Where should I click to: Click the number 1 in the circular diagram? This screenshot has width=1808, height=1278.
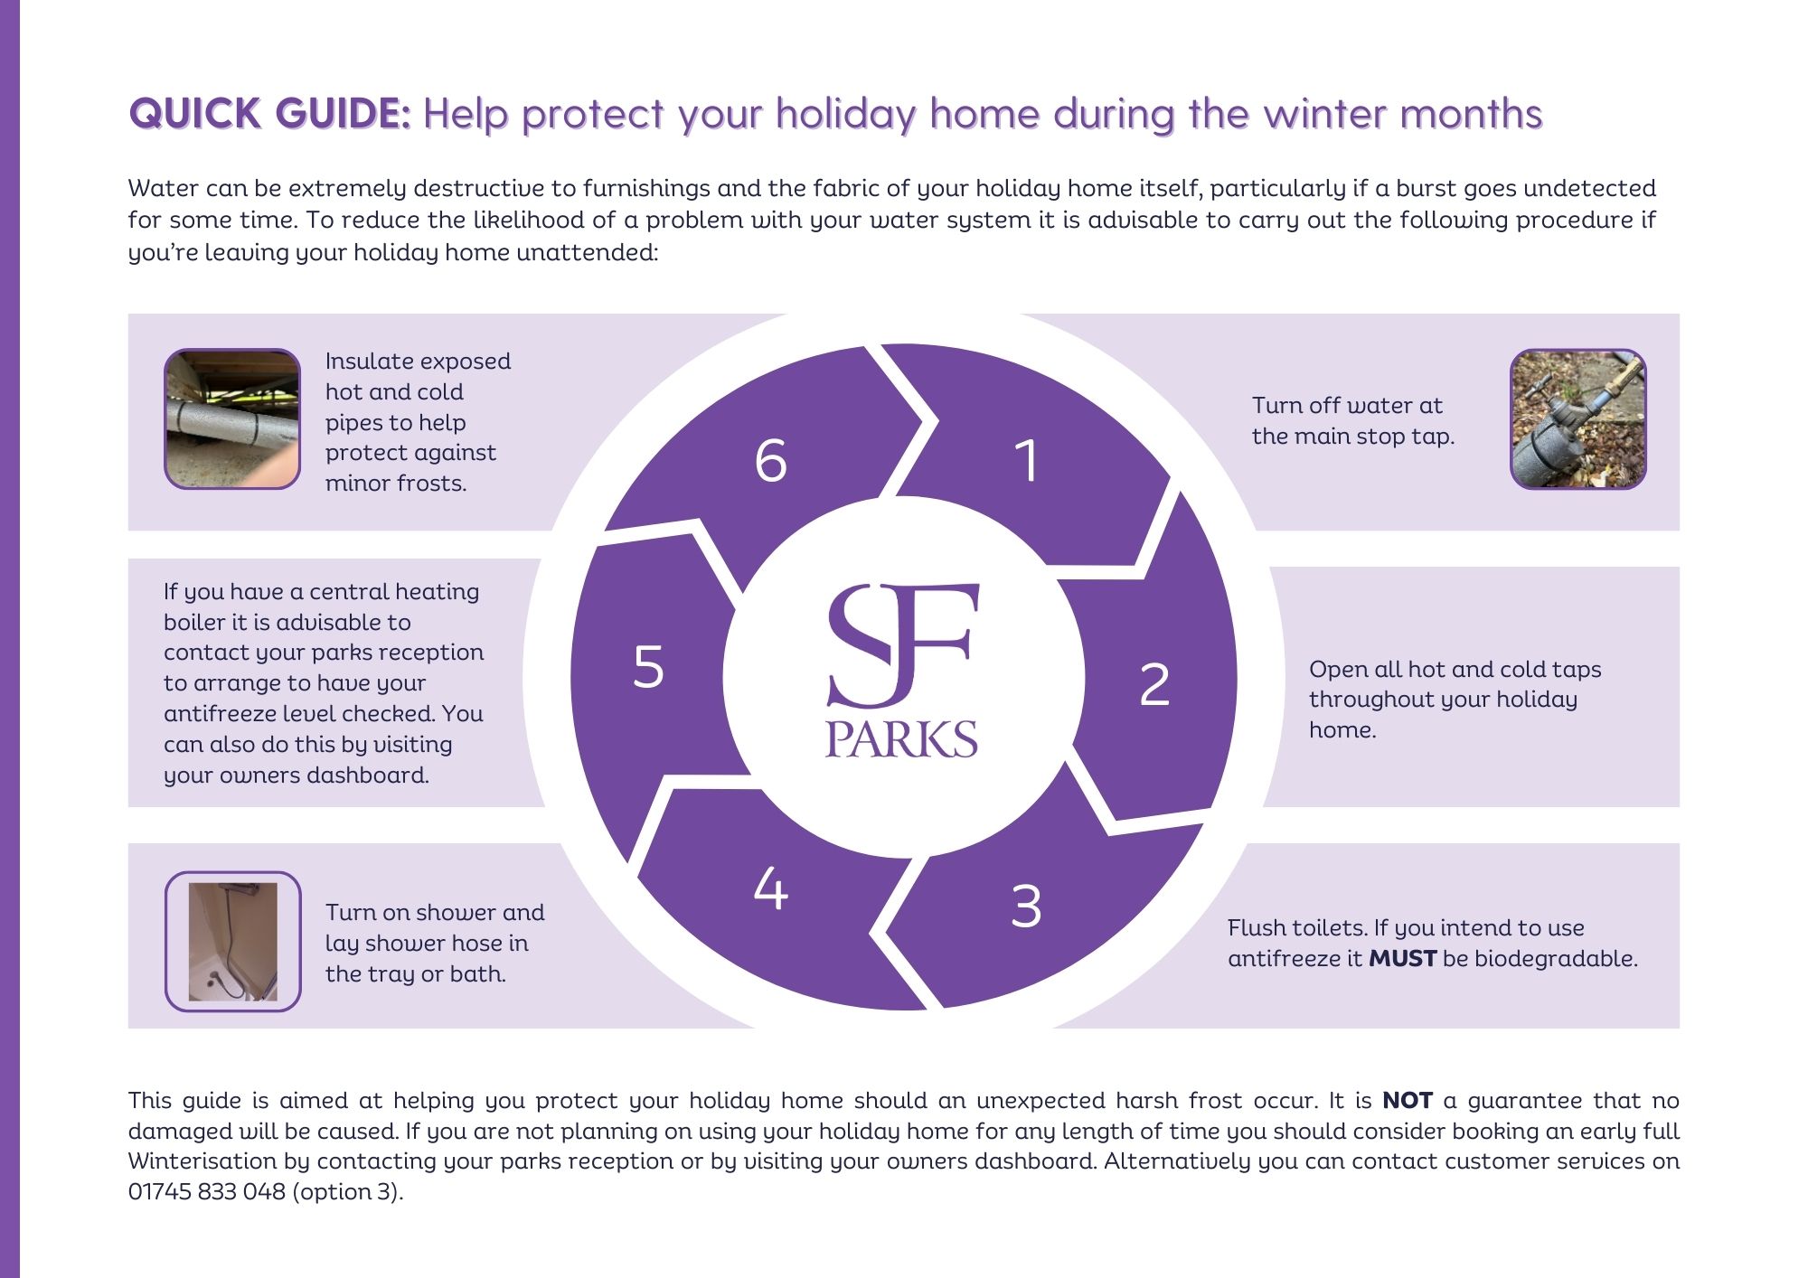1026,460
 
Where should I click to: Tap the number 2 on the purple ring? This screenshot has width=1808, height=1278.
1154,684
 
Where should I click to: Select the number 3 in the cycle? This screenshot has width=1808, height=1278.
1026,906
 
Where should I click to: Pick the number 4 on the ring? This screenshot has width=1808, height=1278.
771,888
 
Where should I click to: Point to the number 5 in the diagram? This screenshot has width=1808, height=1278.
648,667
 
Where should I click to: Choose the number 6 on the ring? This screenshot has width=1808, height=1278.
771,460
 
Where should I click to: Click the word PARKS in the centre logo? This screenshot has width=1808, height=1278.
901,739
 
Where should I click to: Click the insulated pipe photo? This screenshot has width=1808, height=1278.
232,418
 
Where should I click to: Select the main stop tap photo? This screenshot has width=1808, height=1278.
1578,418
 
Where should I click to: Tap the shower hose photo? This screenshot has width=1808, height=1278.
232,941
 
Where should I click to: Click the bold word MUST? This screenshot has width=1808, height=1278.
1402,958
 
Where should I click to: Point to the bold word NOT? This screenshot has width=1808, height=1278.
1408,1100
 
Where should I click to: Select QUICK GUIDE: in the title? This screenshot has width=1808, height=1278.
270,114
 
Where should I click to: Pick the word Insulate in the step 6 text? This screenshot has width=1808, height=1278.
362,361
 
